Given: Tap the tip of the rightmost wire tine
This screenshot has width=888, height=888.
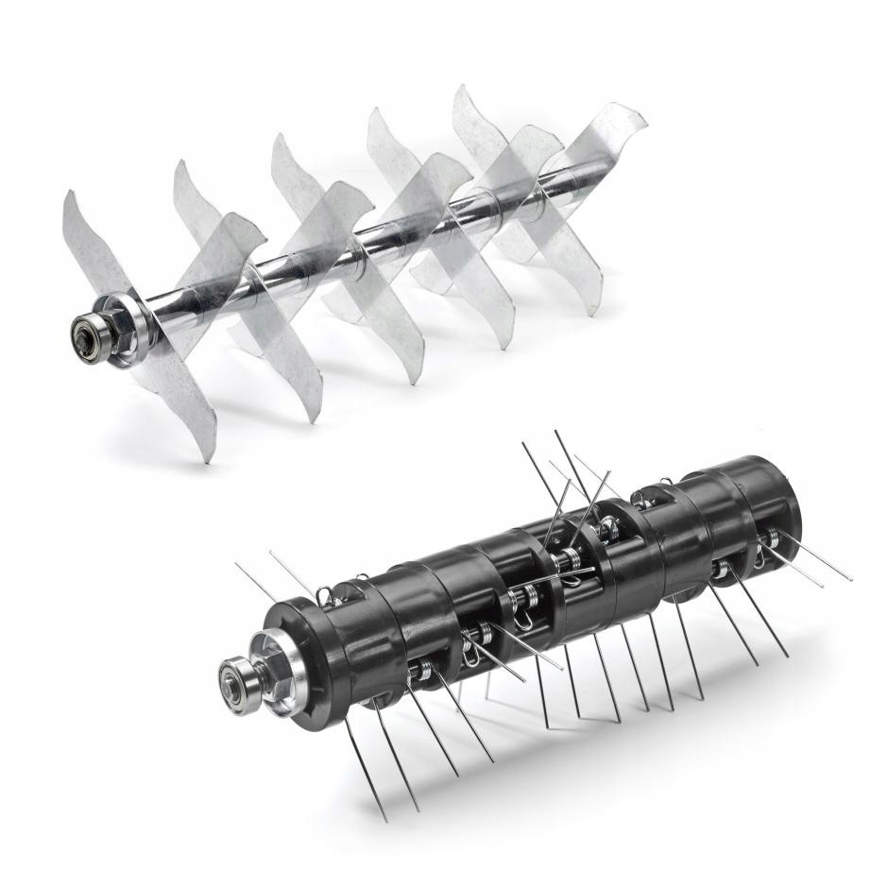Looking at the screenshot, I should pos(851,579).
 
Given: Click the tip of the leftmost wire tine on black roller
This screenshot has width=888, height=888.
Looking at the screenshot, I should pos(235,565).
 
